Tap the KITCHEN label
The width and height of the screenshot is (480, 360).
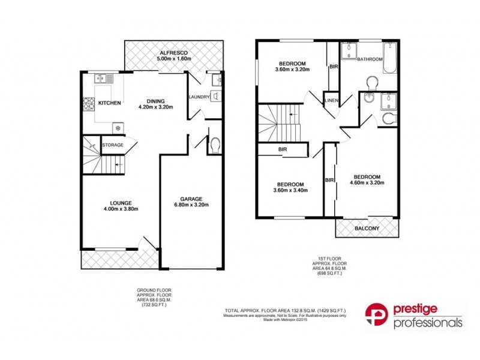[110, 103]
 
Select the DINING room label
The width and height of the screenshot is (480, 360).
[155, 101]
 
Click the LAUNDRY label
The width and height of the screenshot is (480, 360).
[199, 97]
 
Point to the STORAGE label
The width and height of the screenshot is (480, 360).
[112, 145]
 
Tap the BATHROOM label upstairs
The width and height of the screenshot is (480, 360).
[370, 59]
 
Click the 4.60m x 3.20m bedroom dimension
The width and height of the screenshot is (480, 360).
[367, 183]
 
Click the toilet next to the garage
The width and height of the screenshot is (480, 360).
[215, 145]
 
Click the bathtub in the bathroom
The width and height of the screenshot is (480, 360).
[390, 58]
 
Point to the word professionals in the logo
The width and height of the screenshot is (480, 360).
[428, 323]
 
